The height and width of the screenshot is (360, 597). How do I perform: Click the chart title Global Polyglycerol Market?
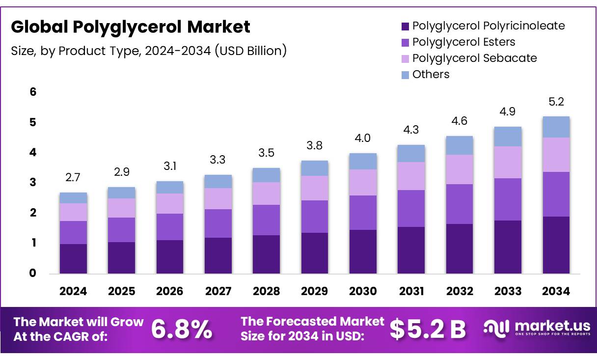(130, 27)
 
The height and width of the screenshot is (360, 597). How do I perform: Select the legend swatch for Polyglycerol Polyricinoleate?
(405, 26)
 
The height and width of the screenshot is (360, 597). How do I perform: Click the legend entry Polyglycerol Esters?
(463, 42)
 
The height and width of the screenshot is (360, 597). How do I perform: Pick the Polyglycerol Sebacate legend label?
(474, 58)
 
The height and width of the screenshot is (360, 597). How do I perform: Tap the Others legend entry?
(431, 75)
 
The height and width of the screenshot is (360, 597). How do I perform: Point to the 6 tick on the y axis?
(33, 92)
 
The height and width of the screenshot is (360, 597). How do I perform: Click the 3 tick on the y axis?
(33, 183)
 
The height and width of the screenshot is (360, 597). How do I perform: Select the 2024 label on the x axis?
(73, 291)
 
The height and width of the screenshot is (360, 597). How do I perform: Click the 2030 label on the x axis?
(363, 291)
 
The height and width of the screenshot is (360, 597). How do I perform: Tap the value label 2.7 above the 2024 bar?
(73, 177)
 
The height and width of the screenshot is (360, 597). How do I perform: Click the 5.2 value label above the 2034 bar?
(556, 102)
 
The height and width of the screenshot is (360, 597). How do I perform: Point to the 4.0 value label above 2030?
(363, 138)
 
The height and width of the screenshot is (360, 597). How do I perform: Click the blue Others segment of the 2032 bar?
(459, 145)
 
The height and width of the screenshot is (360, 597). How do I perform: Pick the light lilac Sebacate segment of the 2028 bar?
(266, 194)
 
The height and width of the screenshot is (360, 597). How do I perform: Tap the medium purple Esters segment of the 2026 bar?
(169, 227)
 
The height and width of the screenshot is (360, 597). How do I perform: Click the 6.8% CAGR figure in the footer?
(182, 329)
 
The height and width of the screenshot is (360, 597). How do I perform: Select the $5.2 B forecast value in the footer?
(428, 329)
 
